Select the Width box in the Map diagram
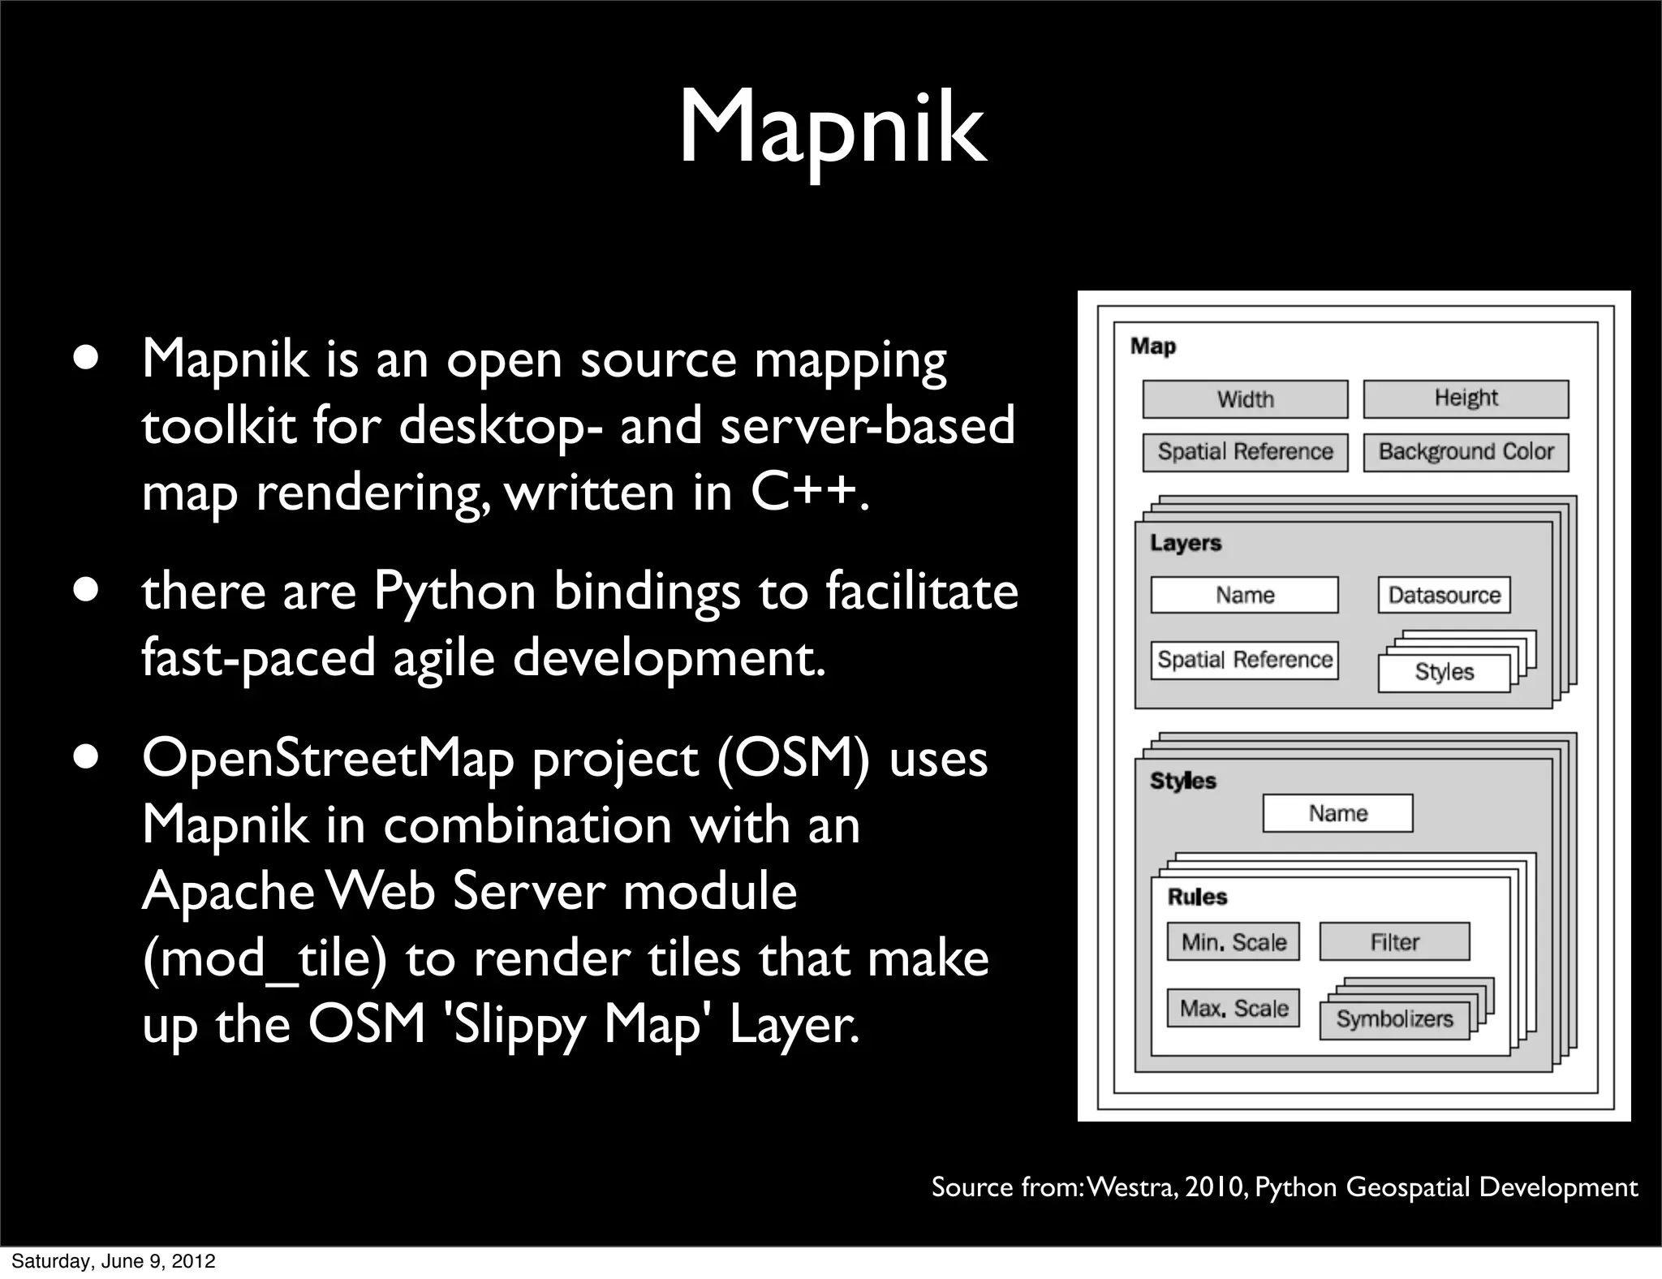point(1245,399)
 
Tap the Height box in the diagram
point(1466,398)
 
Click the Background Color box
point(1466,452)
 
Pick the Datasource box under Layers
point(1444,595)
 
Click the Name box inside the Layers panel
point(1244,595)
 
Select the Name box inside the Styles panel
point(1337,813)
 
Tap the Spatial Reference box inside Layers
point(1244,660)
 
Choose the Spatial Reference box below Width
point(1245,452)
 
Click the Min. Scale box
point(1233,942)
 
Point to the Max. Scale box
point(1233,1009)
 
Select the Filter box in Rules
point(1394,942)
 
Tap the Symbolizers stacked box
point(1394,1019)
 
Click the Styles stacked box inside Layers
point(1444,673)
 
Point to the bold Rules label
point(1197,897)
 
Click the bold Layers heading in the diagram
point(1185,543)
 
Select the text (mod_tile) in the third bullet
point(264,959)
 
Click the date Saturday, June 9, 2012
point(113,1261)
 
